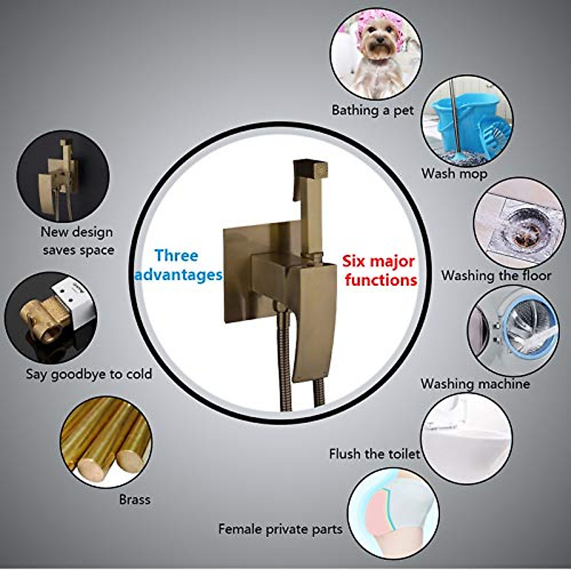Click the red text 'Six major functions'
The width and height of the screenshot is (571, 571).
(x=379, y=270)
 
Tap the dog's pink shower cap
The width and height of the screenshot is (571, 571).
(x=376, y=30)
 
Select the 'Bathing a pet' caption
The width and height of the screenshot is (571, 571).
(x=373, y=110)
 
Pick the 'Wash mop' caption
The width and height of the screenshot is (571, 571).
(x=454, y=174)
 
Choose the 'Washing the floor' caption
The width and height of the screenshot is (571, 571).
(x=496, y=276)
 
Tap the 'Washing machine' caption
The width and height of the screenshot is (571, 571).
(x=475, y=384)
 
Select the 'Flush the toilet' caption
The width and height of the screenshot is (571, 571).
(x=374, y=453)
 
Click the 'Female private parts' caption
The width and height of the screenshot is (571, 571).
(x=280, y=529)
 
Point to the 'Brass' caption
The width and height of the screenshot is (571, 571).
(x=135, y=499)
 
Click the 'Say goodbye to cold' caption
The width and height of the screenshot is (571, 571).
(x=89, y=374)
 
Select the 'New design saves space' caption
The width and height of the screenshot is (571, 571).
(x=78, y=241)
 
